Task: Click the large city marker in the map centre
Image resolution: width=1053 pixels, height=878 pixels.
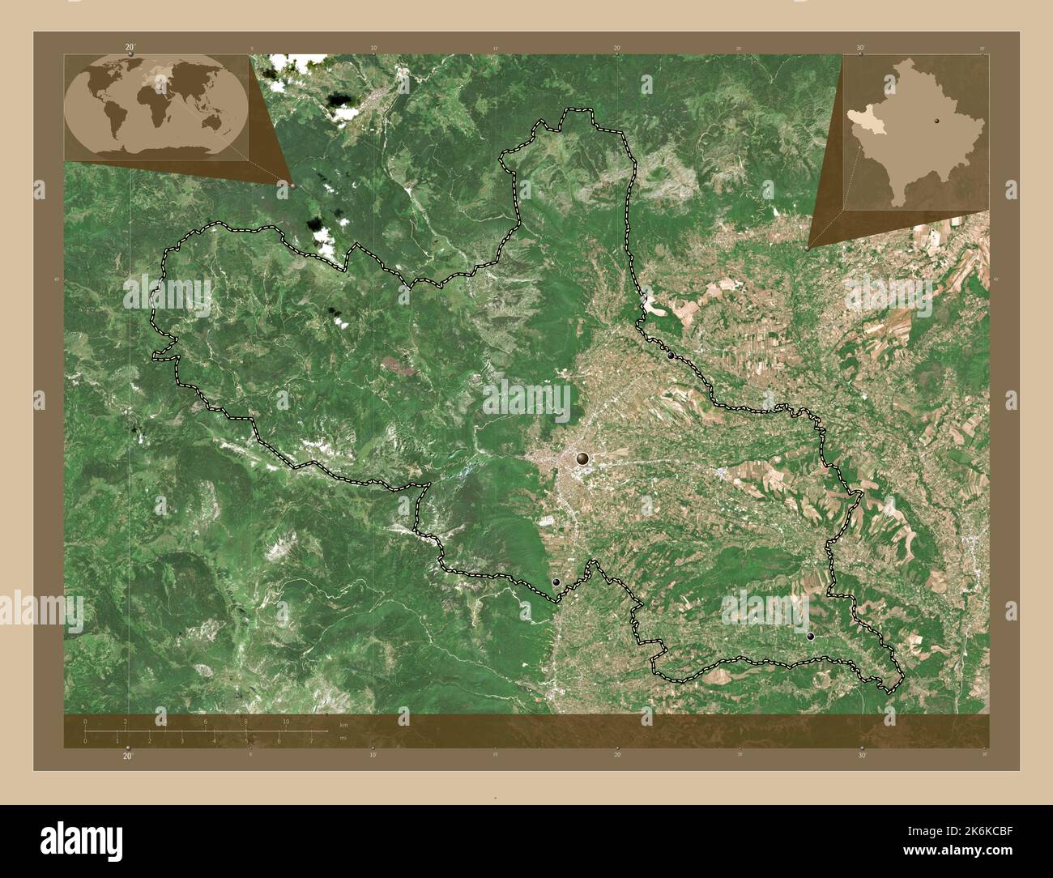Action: click(x=582, y=459)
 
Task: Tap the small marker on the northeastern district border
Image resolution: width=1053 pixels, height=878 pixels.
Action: click(x=671, y=355)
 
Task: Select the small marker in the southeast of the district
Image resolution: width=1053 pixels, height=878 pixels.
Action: click(x=810, y=637)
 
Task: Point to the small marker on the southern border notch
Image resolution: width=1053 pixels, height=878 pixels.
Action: click(x=556, y=582)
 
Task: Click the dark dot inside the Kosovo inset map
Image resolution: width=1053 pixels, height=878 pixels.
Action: click(x=936, y=121)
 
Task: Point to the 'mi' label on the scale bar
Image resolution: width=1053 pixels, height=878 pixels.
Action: click(x=344, y=739)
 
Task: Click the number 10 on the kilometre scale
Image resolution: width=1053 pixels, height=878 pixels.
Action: click(x=286, y=722)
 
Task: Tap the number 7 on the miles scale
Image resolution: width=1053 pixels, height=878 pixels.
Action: click(x=311, y=740)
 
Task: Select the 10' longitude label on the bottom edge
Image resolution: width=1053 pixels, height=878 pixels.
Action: click(x=373, y=755)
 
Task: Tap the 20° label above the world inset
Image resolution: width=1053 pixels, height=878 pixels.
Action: click(x=130, y=48)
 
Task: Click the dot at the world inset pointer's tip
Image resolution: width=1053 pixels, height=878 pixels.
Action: click(x=292, y=185)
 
